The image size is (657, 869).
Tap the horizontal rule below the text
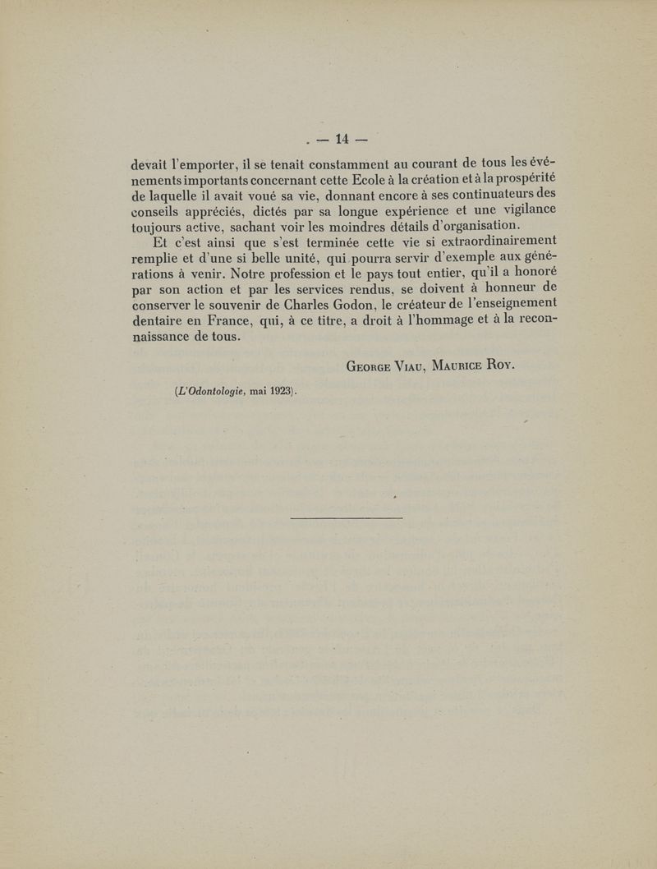pos(347,517)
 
